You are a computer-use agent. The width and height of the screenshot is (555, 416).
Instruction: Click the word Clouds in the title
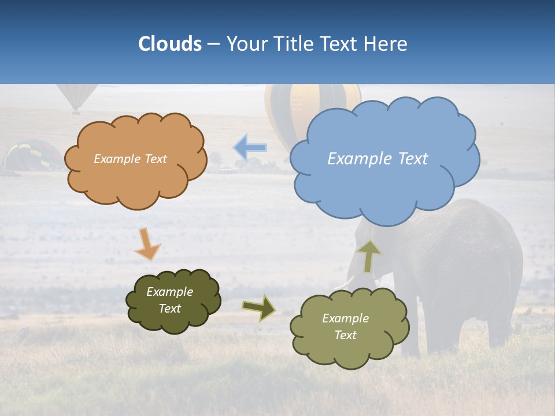(170, 44)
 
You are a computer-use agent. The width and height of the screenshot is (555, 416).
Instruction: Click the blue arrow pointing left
(250, 148)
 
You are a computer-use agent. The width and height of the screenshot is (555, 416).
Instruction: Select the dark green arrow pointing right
(259, 307)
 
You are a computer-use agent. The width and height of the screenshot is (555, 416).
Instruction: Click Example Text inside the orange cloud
(130, 159)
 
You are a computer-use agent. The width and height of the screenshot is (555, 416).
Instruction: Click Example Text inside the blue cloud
(378, 159)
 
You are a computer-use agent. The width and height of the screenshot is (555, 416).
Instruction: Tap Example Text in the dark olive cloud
(169, 300)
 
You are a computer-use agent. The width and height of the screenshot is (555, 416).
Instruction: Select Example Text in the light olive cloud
(345, 326)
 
